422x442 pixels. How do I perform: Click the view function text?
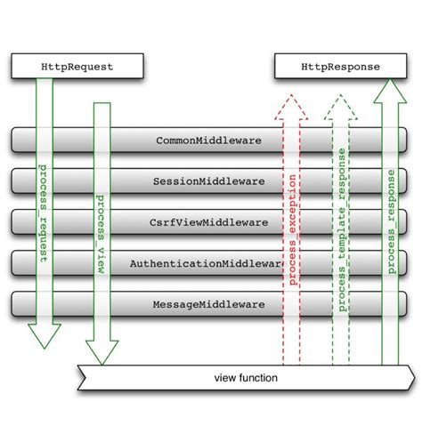click(246, 378)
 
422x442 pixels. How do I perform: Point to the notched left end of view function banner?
click(82, 378)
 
